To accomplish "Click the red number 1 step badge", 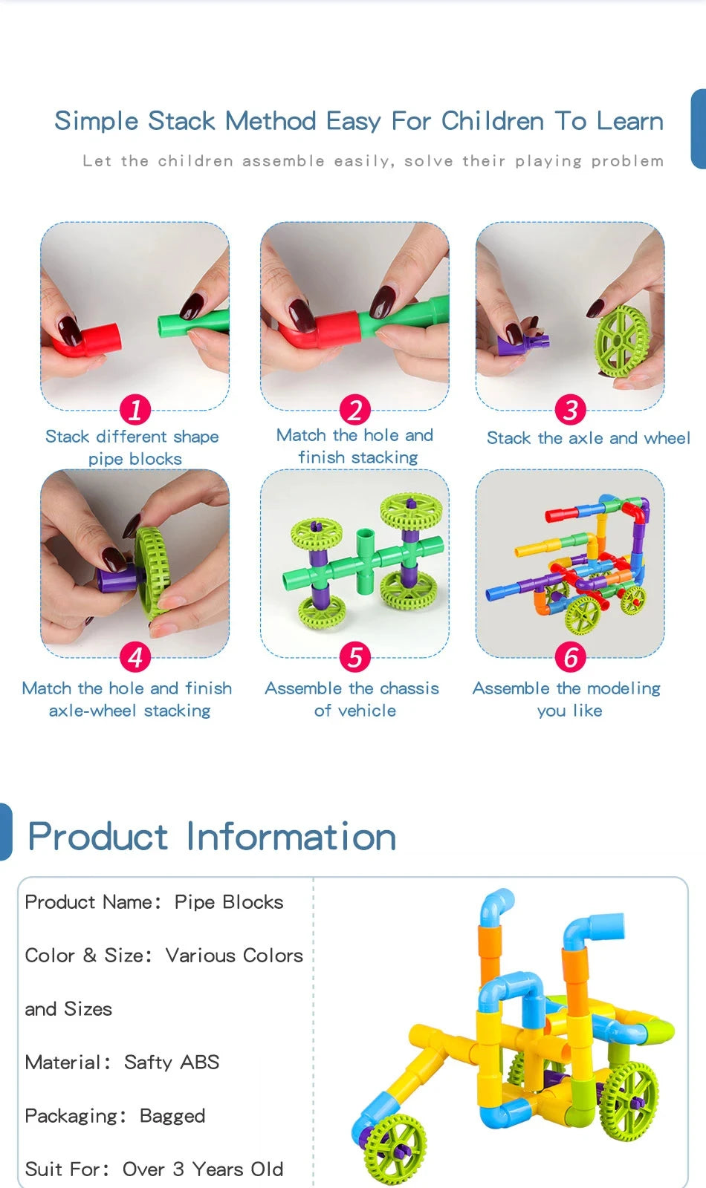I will (x=135, y=409).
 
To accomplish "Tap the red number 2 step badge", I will (x=355, y=409).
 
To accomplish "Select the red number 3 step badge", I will (x=571, y=409).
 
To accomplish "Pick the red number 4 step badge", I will (x=135, y=657).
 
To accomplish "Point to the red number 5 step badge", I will (x=355, y=657).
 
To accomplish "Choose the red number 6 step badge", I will (x=571, y=657).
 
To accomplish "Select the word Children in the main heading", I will (x=492, y=121).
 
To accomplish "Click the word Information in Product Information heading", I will (x=291, y=837).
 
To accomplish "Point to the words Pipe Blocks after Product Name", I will (x=229, y=902).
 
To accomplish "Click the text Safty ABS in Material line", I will (x=172, y=1063).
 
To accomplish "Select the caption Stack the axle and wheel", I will (x=588, y=438).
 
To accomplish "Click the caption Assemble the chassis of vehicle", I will (x=352, y=699).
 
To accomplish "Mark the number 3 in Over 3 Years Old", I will (x=178, y=1169).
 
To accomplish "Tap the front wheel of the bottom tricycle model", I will (x=394, y=1146).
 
